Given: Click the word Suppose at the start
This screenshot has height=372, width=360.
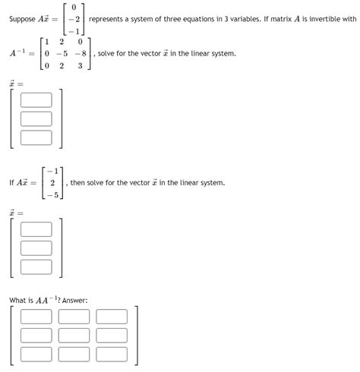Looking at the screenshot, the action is [x=22, y=19].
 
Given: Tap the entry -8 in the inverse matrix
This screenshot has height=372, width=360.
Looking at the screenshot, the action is [x=80, y=54].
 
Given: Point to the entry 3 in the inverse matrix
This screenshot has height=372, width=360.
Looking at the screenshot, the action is [x=80, y=66].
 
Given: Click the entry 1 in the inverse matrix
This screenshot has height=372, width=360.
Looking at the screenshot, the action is [x=47, y=41].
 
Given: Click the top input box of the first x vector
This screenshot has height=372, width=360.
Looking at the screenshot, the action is [x=36, y=99].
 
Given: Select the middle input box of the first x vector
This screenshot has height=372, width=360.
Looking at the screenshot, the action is [x=36, y=118].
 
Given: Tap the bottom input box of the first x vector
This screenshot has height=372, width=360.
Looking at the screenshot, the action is [x=36, y=137].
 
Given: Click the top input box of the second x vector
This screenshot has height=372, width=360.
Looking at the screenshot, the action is [x=36, y=229].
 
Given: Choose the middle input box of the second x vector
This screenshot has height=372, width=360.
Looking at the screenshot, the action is [x=36, y=248].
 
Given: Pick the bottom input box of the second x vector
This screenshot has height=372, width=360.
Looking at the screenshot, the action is [x=36, y=267].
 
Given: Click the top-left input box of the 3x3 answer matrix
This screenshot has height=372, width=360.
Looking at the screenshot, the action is [x=36, y=317].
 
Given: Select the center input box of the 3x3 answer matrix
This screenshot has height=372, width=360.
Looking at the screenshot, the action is [x=74, y=336].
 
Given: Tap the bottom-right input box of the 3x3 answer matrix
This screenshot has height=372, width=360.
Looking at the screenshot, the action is [x=112, y=355].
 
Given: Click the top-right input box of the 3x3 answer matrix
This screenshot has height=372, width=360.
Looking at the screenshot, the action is [x=112, y=317].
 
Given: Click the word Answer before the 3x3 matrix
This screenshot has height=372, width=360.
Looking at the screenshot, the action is [x=74, y=301].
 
